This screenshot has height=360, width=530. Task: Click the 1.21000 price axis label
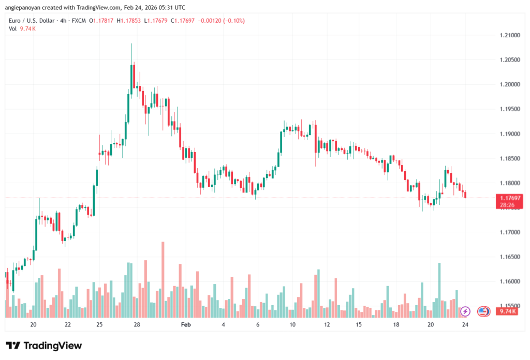509,35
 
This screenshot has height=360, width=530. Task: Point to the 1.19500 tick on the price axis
509,109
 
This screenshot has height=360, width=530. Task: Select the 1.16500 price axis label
509,257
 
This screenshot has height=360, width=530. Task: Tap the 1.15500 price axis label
509,306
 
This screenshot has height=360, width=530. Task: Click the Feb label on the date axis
186,325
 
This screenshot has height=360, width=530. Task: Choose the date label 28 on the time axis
137,325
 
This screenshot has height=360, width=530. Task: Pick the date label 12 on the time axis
327,325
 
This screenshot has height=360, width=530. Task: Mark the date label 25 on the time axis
99,325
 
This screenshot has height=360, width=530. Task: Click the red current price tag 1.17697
508,198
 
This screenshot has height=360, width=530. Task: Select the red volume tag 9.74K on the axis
505,311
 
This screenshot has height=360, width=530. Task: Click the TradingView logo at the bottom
43,346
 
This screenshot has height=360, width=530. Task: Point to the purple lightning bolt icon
465,311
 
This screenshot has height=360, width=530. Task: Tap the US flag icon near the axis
483,311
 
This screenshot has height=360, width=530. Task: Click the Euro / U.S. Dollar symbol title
35,21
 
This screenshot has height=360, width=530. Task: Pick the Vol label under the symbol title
12,29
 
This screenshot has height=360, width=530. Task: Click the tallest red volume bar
163,279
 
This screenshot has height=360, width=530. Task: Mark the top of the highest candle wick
131,44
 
